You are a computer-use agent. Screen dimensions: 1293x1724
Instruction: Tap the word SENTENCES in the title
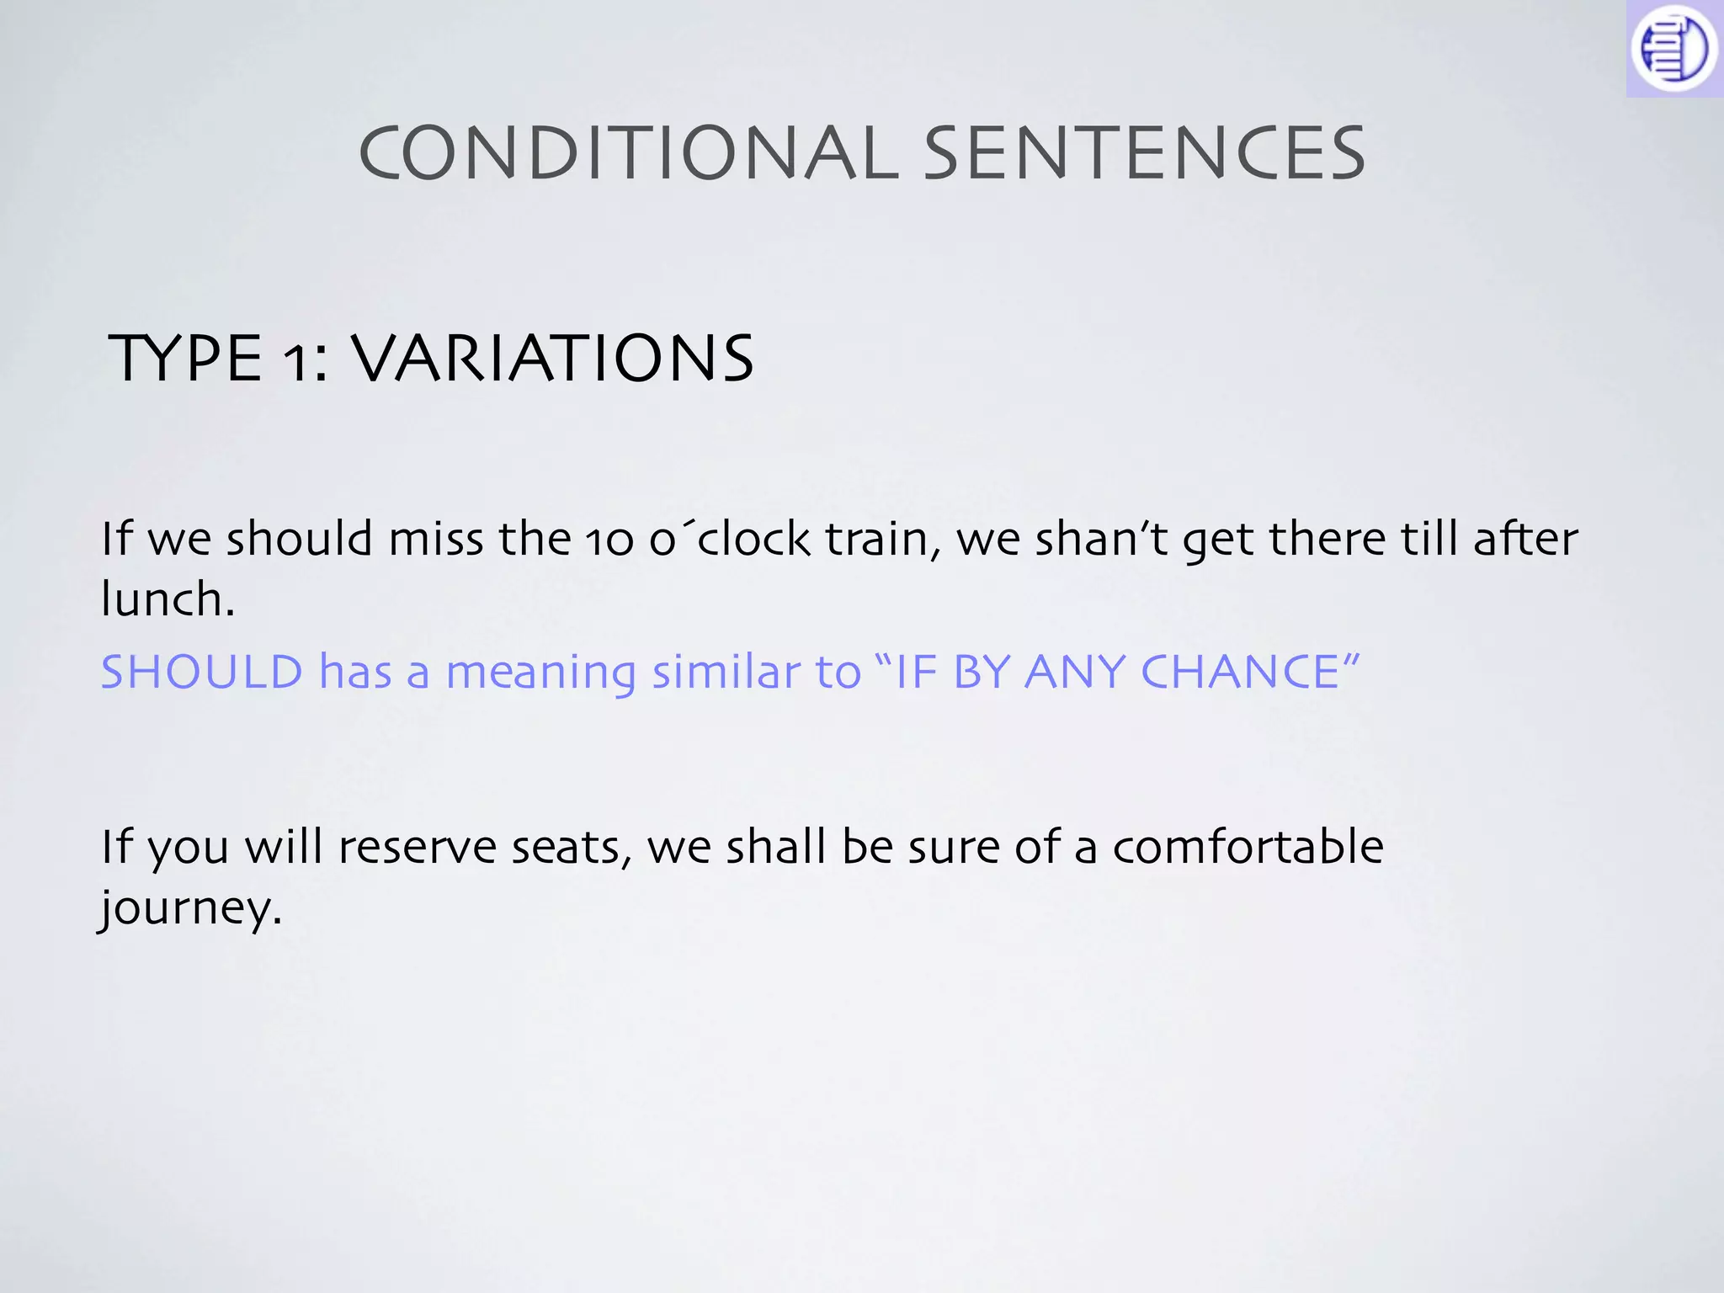tap(1145, 153)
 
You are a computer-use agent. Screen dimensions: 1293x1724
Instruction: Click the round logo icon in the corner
tap(1673, 49)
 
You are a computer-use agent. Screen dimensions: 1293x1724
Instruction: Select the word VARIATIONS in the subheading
tap(552, 359)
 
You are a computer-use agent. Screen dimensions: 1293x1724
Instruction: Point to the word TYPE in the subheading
tap(186, 359)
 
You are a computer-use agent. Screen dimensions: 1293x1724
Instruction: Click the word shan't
tap(1100, 539)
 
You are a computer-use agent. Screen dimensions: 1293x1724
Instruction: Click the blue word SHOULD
tap(202, 672)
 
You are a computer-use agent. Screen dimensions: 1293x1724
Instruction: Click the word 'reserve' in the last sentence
tap(417, 847)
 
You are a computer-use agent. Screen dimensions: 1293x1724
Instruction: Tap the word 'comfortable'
tap(1248, 847)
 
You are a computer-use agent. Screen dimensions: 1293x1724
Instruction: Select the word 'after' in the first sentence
tap(1524, 539)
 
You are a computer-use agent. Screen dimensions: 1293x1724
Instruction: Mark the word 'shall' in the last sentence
tap(775, 847)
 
